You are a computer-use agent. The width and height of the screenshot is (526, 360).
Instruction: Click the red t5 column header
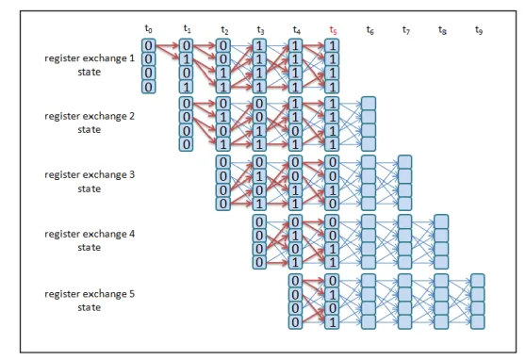pyautogui.click(x=333, y=30)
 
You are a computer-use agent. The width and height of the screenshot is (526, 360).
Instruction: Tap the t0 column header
pyautogui.click(x=148, y=29)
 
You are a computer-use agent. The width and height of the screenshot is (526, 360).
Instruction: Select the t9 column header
pyautogui.click(x=479, y=30)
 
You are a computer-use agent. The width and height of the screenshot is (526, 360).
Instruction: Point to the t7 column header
pyautogui.click(x=406, y=30)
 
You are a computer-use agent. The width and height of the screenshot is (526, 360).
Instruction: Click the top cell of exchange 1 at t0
pyautogui.click(x=149, y=45)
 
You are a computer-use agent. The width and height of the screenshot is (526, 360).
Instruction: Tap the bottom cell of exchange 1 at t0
pyautogui.click(x=149, y=87)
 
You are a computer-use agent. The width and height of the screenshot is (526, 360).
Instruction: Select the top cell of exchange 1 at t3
pyautogui.click(x=259, y=45)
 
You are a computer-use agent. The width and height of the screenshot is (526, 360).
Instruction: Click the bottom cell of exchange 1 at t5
pyautogui.click(x=332, y=87)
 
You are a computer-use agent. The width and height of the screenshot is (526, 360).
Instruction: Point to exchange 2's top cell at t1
pyautogui.click(x=187, y=104)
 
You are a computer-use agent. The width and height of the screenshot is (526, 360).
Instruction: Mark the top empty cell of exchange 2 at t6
pyautogui.click(x=369, y=104)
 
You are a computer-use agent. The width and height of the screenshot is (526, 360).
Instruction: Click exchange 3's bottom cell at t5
pyautogui.click(x=332, y=204)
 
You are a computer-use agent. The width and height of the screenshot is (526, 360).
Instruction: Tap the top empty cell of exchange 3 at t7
pyautogui.click(x=405, y=162)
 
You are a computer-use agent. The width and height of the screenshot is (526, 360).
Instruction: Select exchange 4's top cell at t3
pyautogui.click(x=259, y=221)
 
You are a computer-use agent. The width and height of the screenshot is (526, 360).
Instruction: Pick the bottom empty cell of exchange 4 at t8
pyautogui.click(x=441, y=262)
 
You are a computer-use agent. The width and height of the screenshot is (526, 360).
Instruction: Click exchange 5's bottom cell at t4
pyautogui.click(x=296, y=322)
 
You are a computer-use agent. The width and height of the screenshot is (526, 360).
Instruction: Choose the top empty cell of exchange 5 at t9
pyautogui.click(x=477, y=281)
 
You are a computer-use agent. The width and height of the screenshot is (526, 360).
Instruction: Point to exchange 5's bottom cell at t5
pyautogui.click(x=332, y=322)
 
